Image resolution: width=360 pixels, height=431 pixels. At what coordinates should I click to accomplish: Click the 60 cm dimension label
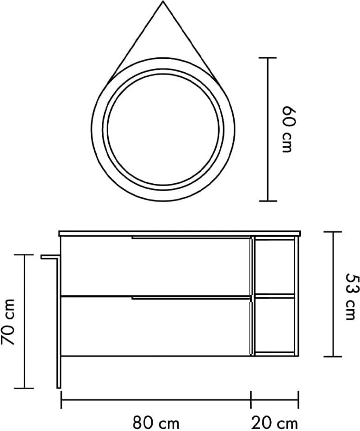pyautogui.click(x=289, y=129)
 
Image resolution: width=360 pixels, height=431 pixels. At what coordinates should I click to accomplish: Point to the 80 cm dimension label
pyautogui.click(x=155, y=423)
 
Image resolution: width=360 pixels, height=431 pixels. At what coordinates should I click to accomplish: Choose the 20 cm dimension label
pyautogui.click(x=274, y=423)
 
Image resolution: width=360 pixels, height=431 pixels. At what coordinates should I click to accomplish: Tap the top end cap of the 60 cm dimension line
pyautogui.click(x=267, y=58)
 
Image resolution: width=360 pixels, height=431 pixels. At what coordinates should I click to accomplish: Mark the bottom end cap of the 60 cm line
pyautogui.click(x=267, y=201)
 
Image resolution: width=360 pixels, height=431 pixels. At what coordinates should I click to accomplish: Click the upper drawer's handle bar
pyautogui.click(x=191, y=237)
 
